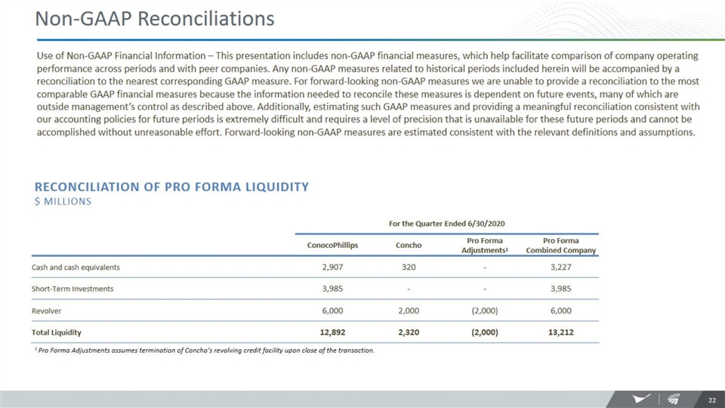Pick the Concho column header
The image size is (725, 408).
pos(409,245)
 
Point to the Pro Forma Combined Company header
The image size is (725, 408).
pos(560,246)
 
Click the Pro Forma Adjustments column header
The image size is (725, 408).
pos(485,246)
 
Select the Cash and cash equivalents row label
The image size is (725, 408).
pos(76,267)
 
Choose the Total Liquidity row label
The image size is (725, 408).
pos(57,332)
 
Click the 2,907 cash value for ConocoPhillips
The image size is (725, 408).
pos(334,267)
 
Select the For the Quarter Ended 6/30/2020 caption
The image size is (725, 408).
pos(446,223)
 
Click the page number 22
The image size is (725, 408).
pos(711,399)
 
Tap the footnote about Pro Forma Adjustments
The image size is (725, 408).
pos(204,351)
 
